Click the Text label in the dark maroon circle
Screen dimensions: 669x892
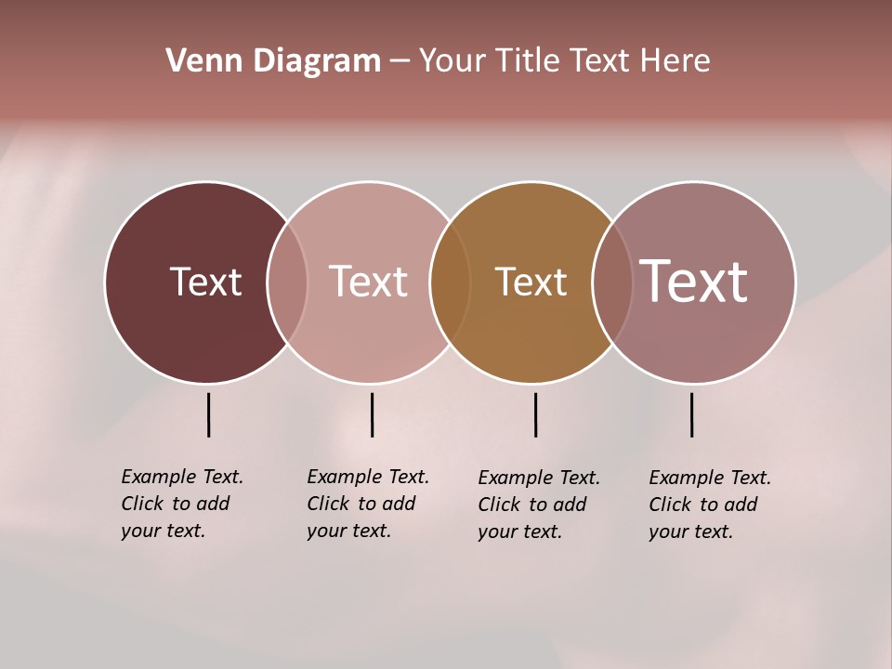[205, 282]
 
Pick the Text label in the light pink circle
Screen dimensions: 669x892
[368, 282]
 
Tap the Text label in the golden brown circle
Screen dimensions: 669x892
[531, 282]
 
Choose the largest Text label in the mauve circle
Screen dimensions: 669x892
[694, 282]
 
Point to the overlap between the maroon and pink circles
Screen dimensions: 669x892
[287, 282]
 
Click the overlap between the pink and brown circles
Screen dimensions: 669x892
[450, 282]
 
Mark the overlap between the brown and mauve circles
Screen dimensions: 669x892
[612, 282]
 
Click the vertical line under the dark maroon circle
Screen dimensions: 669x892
[209, 414]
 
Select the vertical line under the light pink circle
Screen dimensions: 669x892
[372, 414]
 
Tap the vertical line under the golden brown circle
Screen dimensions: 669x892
[535, 414]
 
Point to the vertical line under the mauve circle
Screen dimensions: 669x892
[691, 414]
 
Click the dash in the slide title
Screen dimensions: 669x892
[400, 62]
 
